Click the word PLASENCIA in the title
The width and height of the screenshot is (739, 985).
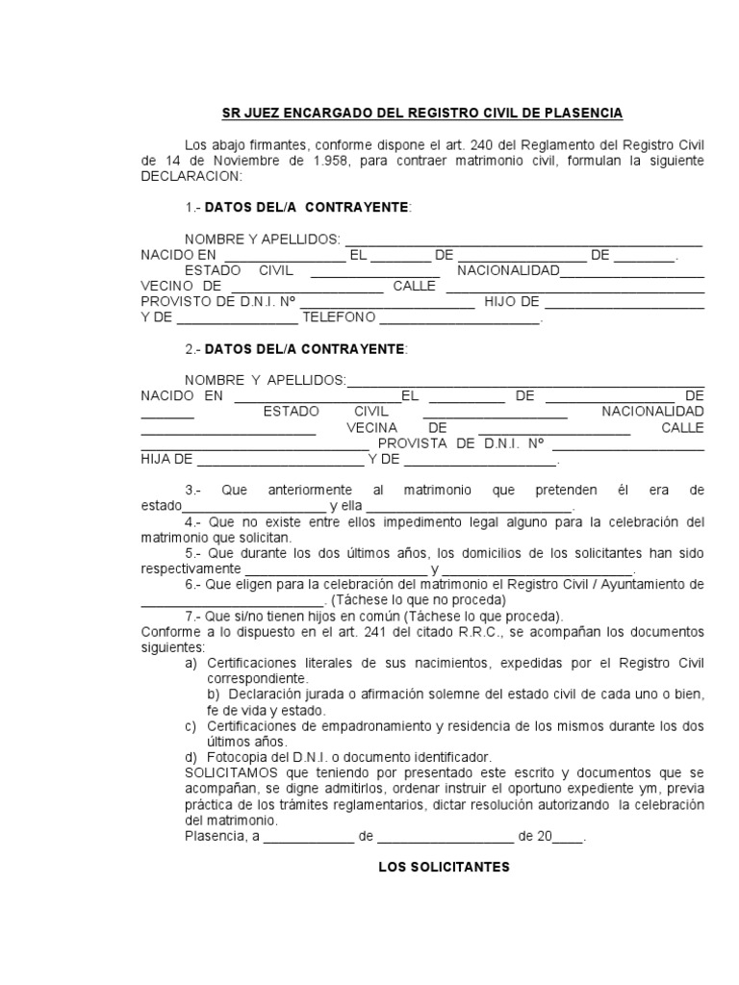click(x=579, y=114)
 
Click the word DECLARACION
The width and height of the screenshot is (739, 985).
click(x=191, y=177)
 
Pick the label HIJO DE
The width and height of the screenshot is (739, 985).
click(x=512, y=302)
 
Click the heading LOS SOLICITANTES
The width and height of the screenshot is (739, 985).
click(x=444, y=868)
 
